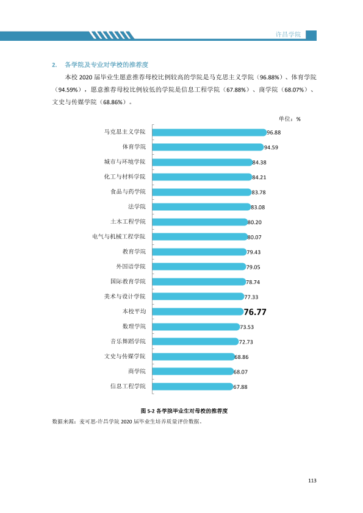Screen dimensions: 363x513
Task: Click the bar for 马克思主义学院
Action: point(209,132)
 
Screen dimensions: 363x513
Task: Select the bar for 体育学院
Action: point(208,147)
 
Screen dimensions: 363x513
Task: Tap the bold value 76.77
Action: point(255,312)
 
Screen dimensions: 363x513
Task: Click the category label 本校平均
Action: point(134,311)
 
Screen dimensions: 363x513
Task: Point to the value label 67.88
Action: point(240,387)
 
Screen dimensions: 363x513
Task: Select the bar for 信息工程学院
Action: point(193,387)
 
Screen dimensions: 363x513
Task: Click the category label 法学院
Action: point(137,207)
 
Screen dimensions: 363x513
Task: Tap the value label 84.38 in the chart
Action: point(259,162)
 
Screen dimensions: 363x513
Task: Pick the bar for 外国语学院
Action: point(199,267)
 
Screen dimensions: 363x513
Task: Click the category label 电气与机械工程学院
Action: point(119,236)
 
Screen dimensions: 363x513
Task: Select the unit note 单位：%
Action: point(290,119)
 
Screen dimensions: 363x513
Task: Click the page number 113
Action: point(312,481)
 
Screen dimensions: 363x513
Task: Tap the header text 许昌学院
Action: point(288,34)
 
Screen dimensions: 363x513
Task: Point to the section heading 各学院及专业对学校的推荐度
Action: point(107,65)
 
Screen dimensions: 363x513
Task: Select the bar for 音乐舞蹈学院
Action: point(195,342)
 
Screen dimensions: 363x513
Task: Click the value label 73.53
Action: point(246,327)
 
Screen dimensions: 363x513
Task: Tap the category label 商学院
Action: point(137,371)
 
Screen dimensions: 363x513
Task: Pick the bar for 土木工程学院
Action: point(200,222)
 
